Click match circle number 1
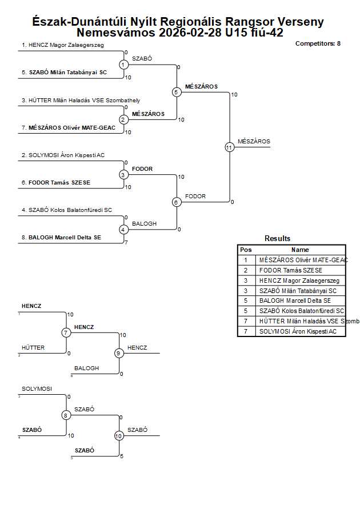(x=123, y=65)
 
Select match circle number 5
(x=177, y=92)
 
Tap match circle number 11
(x=229, y=147)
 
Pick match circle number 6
(x=177, y=202)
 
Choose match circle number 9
(x=119, y=353)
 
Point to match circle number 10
(x=119, y=435)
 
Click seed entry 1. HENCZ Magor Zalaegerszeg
(x=63, y=45)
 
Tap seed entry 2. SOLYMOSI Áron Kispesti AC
(x=63, y=155)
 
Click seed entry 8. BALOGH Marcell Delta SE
(x=65, y=237)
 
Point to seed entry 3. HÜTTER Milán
(x=81, y=101)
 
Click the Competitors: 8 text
(x=318, y=43)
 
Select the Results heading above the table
(x=277, y=238)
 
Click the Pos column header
(x=246, y=250)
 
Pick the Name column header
(x=300, y=250)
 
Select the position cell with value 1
(x=246, y=260)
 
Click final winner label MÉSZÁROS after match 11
(x=254, y=141)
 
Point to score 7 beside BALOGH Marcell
(x=126, y=243)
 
